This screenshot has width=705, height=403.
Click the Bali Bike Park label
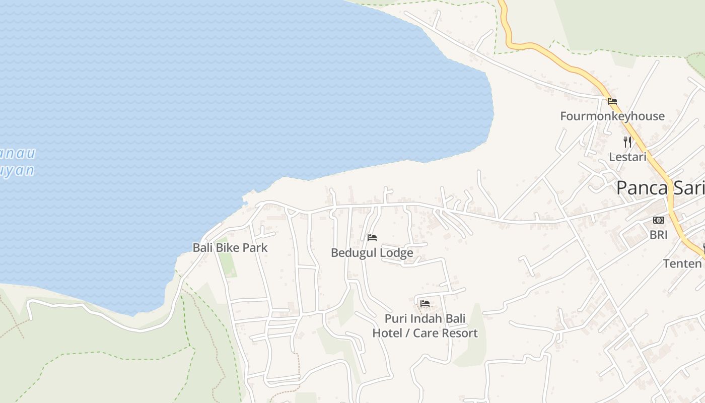(230, 248)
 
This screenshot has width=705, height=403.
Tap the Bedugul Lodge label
(372, 253)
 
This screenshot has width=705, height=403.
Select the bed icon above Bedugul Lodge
(372, 238)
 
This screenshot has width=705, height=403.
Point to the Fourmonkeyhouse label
(612, 116)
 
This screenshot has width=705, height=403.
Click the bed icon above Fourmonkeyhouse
(612, 101)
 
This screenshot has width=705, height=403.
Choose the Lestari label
(627, 157)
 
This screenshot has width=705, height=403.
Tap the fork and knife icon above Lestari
(627, 142)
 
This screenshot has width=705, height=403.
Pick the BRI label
(658, 235)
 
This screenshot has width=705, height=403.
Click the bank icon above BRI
(658, 220)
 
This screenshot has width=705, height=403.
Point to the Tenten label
(682, 263)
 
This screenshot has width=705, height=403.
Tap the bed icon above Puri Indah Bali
(425, 304)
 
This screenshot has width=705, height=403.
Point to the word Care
(422, 333)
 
